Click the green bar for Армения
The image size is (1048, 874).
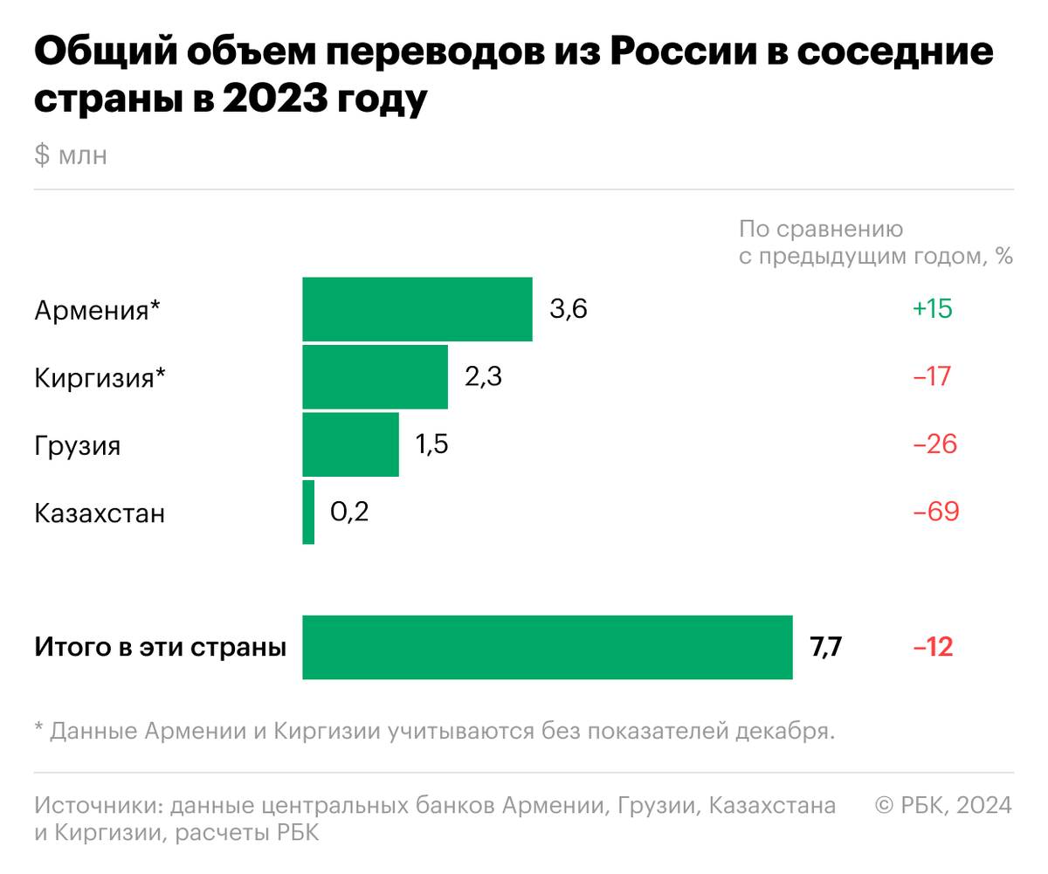click(x=417, y=309)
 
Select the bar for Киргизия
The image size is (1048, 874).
click(x=375, y=376)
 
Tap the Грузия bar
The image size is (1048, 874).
click(x=350, y=444)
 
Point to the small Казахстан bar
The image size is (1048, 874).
click(x=308, y=512)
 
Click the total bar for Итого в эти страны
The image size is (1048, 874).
click(x=548, y=647)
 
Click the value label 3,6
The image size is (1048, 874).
click(x=569, y=309)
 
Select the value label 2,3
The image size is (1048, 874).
click(x=483, y=377)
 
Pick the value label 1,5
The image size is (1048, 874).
click(x=431, y=444)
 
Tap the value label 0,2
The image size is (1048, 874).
click(x=349, y=512)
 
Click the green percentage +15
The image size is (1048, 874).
click(x=932, y=309)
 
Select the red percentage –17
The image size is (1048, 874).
click(x=932, y=377)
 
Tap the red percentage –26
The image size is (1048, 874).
click(x=935, y=444)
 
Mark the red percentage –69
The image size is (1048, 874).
click(x=936, y=512)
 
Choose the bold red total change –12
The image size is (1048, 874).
click(x=933, y=648)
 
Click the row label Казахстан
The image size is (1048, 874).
click(x=100, y=513)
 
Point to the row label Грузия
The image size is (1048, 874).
click(x=78, y=446)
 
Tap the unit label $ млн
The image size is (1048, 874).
click(x=71, y=156)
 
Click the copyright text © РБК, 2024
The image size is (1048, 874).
click(x=944, y=805)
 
